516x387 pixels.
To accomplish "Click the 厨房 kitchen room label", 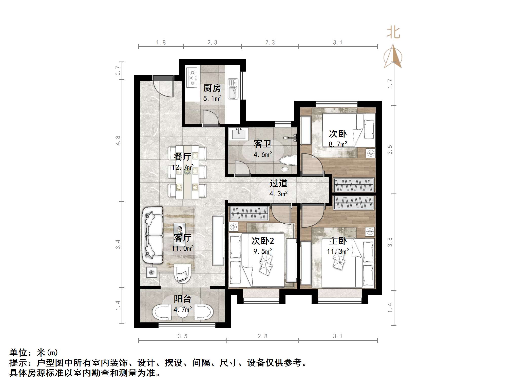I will [212, 88].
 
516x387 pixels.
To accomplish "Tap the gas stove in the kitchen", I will [192, 77].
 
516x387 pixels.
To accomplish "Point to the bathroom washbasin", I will [238, 133].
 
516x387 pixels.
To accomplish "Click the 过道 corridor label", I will [278, 183].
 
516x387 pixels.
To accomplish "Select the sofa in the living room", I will [152, 235].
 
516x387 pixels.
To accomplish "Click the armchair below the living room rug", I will [182, 274].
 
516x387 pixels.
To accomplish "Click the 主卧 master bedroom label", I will [338, 241].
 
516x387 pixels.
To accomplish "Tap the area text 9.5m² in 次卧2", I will [263, 251].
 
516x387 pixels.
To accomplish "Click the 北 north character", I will [393, 33].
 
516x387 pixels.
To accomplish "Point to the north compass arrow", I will [393, 57].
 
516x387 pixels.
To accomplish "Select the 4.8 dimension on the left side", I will [118, 141].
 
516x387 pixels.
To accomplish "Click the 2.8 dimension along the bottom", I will [262, 336].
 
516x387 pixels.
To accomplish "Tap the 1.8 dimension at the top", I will [161, 43].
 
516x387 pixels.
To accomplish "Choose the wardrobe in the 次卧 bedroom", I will [354, 185].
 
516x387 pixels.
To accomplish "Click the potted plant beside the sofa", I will [152, 273].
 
